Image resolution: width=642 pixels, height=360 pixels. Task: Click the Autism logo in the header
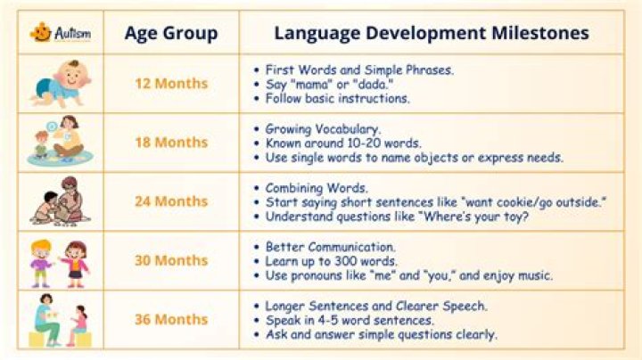tap(61, 32)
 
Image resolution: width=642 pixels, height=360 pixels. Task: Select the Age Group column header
tap(171, 34)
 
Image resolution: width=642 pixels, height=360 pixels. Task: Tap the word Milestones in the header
tap(540, 33)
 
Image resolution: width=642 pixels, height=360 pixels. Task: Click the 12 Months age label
tap(171, 84)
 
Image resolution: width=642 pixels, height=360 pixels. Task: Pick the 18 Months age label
tap(171, 143)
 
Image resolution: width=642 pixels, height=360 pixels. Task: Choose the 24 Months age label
tap(171, 201)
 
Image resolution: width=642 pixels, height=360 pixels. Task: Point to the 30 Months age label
tap(171, 260)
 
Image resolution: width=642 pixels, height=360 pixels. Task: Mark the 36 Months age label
tap(171, 319)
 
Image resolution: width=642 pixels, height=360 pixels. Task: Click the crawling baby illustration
tap(61, 84)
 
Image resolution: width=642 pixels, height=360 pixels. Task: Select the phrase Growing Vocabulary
tap(323, 129)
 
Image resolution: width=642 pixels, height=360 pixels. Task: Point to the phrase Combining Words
tap(317, 188)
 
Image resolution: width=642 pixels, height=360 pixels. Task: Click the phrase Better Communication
tap(330, 247)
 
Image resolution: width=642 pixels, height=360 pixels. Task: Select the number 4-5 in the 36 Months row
tap(325, 320)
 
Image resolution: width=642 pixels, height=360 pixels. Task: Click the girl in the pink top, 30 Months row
tap(75, 264)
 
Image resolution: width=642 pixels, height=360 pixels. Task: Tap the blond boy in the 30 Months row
tap(41, 264)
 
